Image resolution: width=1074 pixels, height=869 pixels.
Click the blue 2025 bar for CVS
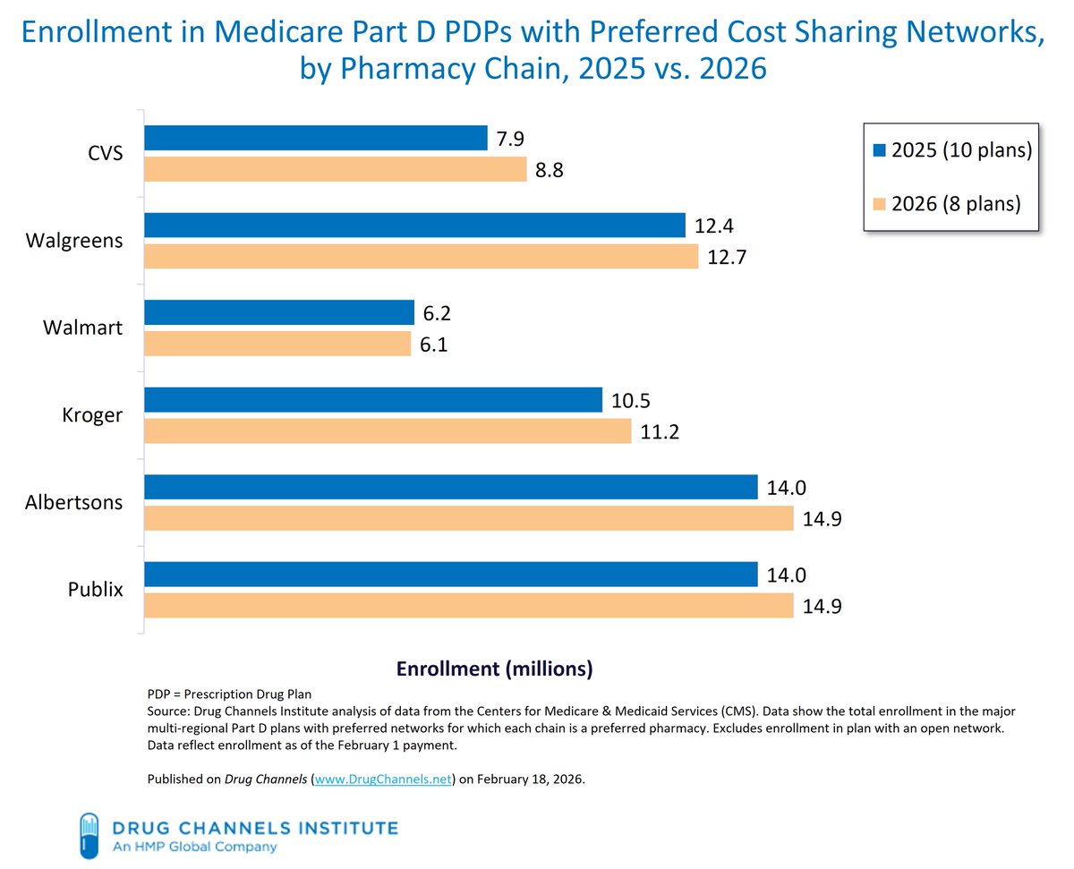click(x=315, y=138)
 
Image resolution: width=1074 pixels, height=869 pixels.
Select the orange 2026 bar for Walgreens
click(x=421, y=257)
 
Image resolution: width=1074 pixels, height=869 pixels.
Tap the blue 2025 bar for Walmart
click(x=279, y=312)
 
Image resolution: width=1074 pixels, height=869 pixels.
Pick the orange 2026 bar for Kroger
click(x=388, y=432)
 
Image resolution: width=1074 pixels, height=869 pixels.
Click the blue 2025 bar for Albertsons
click(x=451, y=487)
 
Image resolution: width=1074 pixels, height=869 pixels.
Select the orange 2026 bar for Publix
click(x=469, y=606)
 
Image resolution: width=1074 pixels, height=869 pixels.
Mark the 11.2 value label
click(x=660, y=433)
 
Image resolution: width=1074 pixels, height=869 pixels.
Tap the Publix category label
click(x=96, y=590)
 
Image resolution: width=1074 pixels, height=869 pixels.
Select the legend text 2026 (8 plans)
click(x=957, y=203)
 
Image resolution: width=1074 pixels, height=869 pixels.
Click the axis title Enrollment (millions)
click(x=494, y=669)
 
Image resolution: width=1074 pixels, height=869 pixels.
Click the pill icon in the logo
click(x=89, y=833)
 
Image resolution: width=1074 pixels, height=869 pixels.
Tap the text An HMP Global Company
click(x=194, y=847)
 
